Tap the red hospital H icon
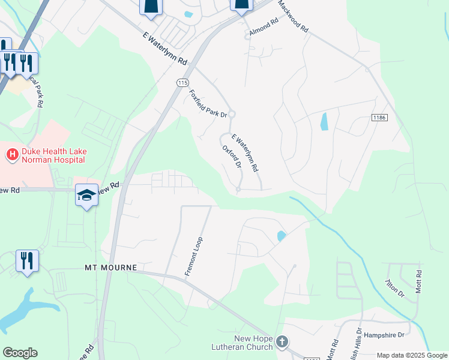11,155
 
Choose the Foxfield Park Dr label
208,103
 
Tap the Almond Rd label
264,28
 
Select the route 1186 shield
379,118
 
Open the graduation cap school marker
87,195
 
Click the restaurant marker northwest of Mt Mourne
27,260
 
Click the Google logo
20,353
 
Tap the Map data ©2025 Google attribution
412,355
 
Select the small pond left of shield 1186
325,122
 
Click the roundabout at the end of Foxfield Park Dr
232,114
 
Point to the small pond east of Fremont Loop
281,236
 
